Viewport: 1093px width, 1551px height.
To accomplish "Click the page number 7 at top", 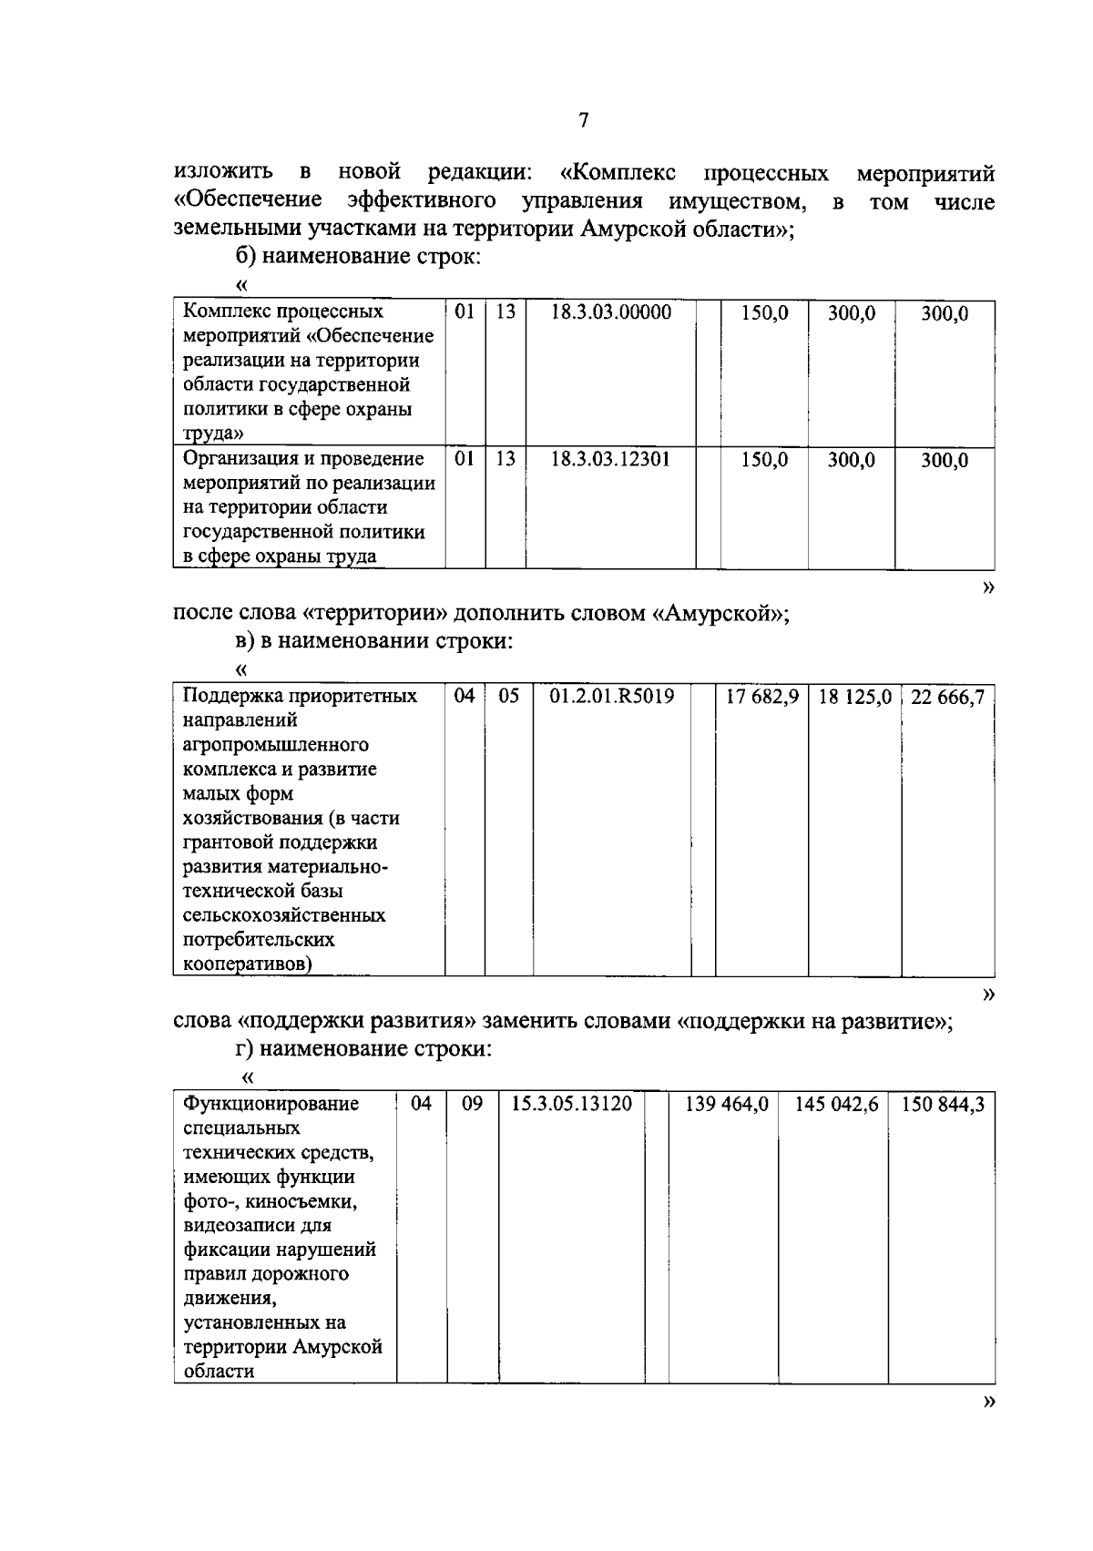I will (584, 121).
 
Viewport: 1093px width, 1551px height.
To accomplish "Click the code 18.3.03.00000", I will (611, 312).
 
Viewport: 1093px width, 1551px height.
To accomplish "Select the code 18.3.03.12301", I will (611, 459).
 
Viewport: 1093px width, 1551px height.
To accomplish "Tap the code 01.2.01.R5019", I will (612, 697).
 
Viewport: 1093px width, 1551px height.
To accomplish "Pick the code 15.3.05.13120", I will (572, 1104).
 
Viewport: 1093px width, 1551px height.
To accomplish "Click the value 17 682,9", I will (761, 698).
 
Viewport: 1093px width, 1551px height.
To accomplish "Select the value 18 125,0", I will (854, 698).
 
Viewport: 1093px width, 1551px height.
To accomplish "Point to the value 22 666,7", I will (947, 698).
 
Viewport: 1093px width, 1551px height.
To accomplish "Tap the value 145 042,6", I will (836, 1105).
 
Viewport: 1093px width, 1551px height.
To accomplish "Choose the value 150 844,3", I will (943, 1105).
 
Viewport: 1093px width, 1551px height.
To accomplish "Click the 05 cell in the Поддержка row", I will (508, 697).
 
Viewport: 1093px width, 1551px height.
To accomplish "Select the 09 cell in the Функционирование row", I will (472, 1104).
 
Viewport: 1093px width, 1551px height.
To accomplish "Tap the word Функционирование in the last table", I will (271, 1104).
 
